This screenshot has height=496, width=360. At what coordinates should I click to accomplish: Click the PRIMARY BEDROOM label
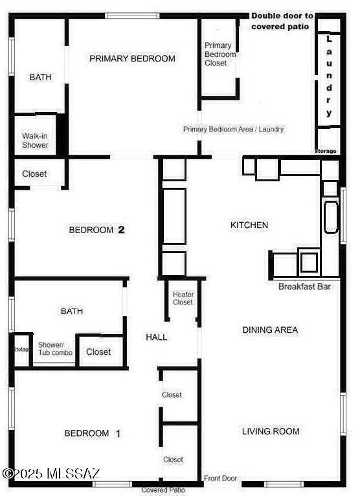(132, 58)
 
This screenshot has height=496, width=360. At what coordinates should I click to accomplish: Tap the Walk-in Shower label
(35, 141)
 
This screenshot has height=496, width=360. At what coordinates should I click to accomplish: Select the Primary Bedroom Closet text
(220, 54)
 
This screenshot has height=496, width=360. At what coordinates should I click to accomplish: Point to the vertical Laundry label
(329, 76)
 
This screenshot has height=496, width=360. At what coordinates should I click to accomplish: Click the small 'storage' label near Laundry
(326, 152)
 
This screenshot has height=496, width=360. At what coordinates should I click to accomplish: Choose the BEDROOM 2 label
(96, 230)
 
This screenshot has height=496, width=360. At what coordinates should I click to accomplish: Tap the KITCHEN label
(249, 225)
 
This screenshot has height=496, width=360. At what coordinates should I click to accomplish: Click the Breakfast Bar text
(304, 287)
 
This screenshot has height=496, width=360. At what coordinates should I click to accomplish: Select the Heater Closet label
(183, 299)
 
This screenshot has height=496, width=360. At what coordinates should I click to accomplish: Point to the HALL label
(156, 337)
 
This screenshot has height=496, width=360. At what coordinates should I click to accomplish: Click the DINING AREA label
(270, 330)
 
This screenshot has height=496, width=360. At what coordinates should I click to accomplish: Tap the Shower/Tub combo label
(55, 348)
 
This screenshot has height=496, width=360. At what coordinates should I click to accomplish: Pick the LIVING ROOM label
(271, 431)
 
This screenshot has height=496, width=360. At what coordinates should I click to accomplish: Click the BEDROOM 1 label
(92, 433)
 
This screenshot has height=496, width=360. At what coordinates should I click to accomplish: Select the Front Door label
(220, 479)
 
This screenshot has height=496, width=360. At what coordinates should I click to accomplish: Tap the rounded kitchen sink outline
(331, 217)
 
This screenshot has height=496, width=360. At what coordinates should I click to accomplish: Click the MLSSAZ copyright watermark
(51, 473)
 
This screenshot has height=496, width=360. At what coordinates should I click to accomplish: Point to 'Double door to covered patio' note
(282, 21)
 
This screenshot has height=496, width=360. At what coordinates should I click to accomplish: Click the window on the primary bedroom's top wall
(132, 16)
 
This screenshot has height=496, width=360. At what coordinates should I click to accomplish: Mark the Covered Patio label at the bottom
(163, 490)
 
